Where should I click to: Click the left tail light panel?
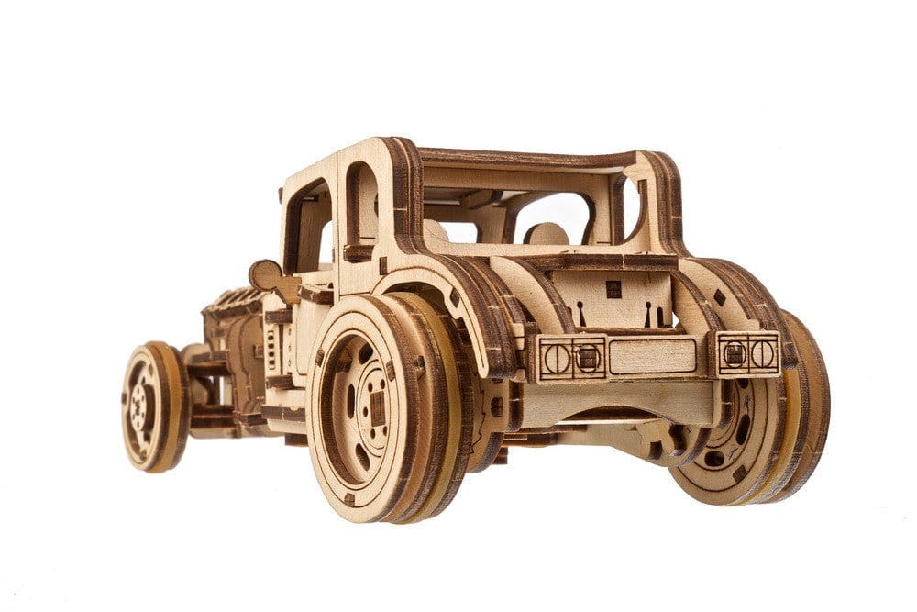click(x=570, y=357)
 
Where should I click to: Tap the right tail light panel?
click(x=748, y=353)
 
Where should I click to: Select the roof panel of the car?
click(x=532, y=158)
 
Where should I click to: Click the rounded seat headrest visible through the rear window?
click(x=547, y=234)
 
